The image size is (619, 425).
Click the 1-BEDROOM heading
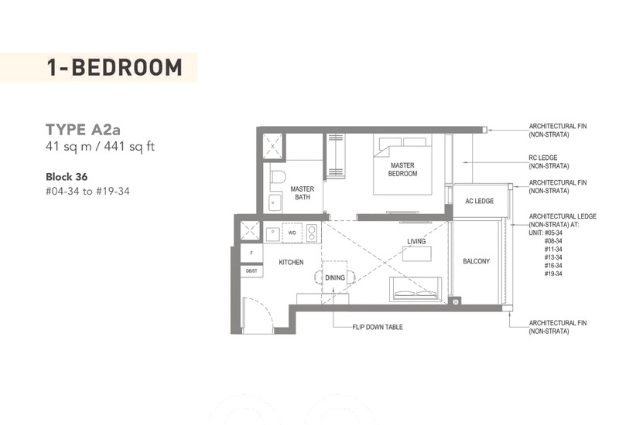(x=115, y=67)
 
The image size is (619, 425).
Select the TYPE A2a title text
(x=84, y=130)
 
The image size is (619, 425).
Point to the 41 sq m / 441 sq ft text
(x=101, y=147)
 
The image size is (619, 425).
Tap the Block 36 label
(x=67, y=177)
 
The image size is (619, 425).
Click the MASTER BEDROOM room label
(x=402, y=169)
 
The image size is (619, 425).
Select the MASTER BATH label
(x=303, y=193)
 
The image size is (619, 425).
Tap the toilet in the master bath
(x=278, y=177)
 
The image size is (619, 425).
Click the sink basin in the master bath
(x=275, y=202)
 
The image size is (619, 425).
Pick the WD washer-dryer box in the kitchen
(x=292, y=233)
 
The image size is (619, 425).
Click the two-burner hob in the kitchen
(x=312, y=233)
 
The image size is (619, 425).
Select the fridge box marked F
(x=251, y=253)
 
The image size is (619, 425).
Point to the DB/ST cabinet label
(x=251, y=271)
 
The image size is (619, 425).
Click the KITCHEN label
(x=292, y=262)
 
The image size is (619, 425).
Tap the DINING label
(x=335, y=277)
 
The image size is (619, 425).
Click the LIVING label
(x=416, y=241)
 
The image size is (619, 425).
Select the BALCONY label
(x=476, y=261)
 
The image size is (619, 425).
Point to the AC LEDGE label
(x=479, y=201)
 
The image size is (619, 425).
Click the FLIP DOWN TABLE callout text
(x=378, y=327)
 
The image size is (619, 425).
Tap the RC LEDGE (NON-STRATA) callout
(x=549, y=161)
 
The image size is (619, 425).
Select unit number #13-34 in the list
(x=553, y=257)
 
